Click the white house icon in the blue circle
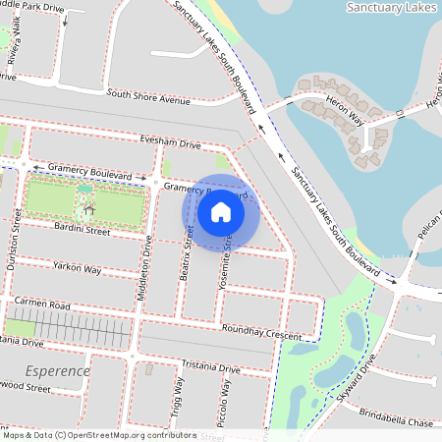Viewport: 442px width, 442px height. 221,210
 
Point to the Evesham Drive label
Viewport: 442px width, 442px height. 170,143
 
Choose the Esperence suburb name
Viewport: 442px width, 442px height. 59,371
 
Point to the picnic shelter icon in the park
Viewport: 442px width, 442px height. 89,207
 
